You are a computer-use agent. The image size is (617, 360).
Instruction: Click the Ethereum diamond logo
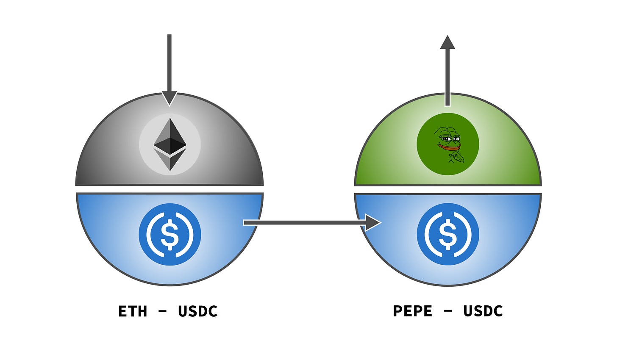tap(170, 144)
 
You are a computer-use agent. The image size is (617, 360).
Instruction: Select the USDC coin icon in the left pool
tap(170, 234)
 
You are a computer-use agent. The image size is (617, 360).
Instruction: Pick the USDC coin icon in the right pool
tap(447, 234)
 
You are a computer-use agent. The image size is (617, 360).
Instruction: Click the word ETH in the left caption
tap(133, 311)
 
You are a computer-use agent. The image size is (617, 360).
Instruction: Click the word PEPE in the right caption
tap(413, 311)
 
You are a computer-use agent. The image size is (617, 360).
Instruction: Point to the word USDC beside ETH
tap(197, 311)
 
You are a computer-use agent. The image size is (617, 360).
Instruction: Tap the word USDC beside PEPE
tap(483, 311)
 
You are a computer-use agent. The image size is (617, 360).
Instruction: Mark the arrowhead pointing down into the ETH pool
tap(170, 98)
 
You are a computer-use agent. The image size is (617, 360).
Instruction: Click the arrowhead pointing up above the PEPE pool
tap(447, 42)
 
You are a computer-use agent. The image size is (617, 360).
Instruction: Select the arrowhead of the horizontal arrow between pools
tap(373, 222)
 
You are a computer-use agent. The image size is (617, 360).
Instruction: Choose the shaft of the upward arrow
tap(447, 76)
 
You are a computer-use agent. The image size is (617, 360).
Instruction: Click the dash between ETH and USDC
tap(162, 312)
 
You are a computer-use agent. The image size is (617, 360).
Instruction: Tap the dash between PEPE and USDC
tap(447, 311)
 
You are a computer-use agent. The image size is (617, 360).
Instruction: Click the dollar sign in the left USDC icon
tap(170, 234)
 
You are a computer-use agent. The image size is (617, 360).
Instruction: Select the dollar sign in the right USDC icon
tap(447, 234)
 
